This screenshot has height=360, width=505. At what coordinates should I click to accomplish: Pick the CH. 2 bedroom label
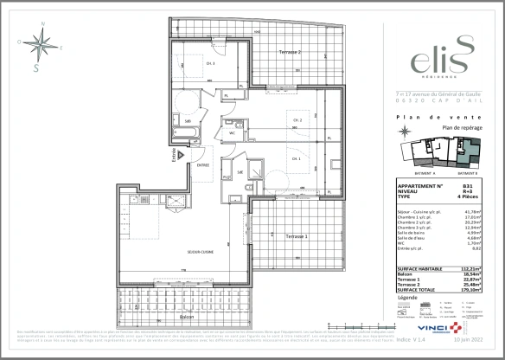[x=297, y=120]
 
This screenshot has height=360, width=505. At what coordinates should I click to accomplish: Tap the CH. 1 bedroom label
[x=295, y=158]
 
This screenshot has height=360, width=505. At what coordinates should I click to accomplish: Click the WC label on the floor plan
[x=233, y=134]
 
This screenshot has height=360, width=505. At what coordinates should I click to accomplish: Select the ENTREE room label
[x=202, y=164]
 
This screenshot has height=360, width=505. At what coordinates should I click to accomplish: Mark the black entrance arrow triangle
[x=182, y=154]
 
